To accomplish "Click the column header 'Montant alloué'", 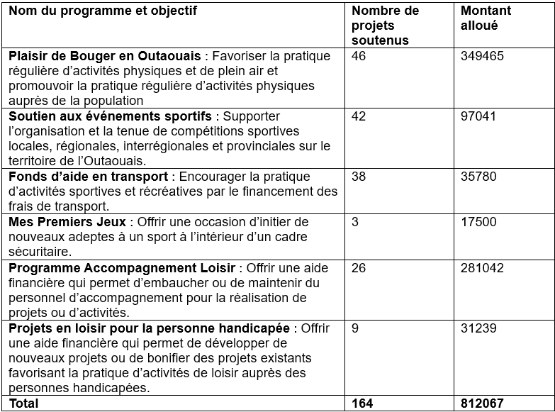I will [x=486, y=18].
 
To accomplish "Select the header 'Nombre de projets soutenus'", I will [x=385, y=26].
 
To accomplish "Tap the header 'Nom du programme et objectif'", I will [x=103, y=11].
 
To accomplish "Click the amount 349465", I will [x=482, y=56].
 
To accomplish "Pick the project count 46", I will [x=359, y=56].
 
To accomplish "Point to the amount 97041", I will [x=478, y=116].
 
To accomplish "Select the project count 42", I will [x=359, y=116].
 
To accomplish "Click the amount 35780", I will [x=478, y=177].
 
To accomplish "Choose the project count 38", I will [x=359, y=177].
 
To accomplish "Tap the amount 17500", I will [x=478, y=222].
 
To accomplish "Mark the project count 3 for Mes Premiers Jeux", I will [x=355, y=222].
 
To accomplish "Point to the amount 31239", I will [x=478, y=328].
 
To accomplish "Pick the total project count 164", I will [x=363, y=403].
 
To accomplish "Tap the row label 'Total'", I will [x=23, y=403].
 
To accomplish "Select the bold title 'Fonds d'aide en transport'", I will [x=88, y=177].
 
